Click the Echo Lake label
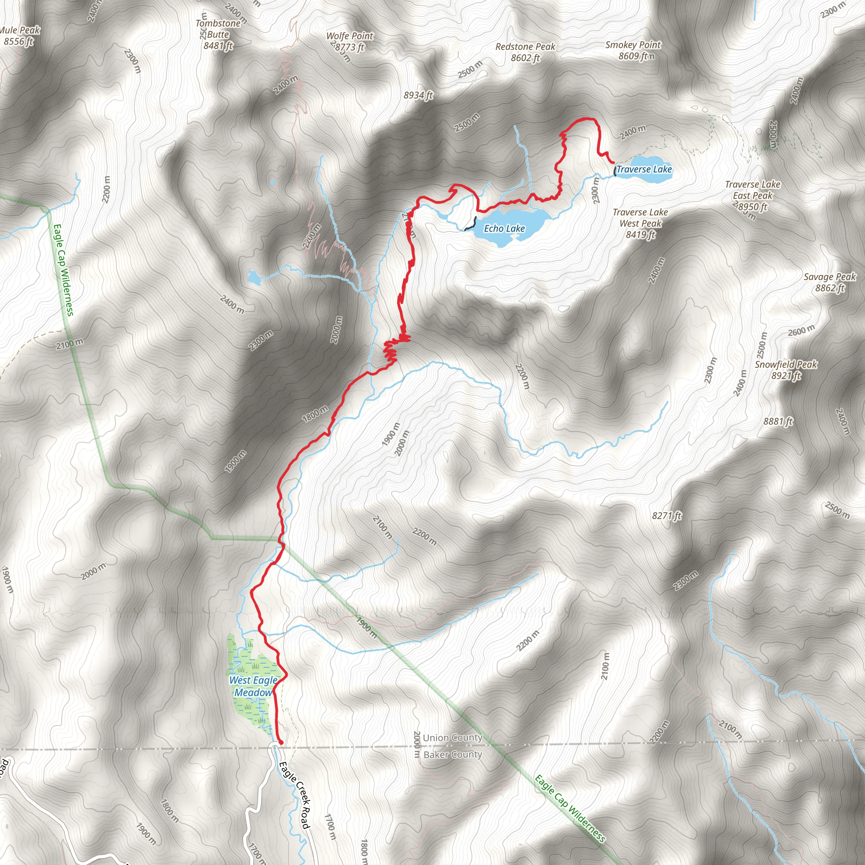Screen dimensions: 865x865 [x=504, y=228]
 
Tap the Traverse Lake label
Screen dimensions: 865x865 [x=644, y=169]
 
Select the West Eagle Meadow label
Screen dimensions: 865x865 [x=253, y=686]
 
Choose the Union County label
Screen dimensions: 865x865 [x=452, y=737]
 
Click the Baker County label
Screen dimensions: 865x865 [x=452, y=754]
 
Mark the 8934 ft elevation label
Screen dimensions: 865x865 [x=418, y=95]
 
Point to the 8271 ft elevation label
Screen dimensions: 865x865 [x=666, y=516]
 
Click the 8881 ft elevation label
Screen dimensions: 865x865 [x=778, y=421]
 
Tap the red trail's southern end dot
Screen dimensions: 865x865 [x=281, y=743]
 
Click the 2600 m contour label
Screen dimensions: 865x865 [x=801, y=331]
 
